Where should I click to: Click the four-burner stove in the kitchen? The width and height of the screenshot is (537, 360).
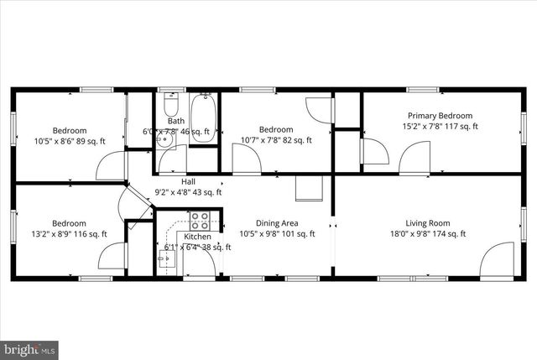(200, 222)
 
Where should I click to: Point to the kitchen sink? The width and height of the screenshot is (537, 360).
(165, 257)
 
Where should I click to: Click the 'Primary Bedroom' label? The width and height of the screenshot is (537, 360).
(440, 116)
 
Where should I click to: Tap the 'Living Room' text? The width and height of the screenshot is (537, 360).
(428, 223)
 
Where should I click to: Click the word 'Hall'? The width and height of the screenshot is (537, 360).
(190, 181)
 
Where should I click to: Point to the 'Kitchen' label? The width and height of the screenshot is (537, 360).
(197, 237)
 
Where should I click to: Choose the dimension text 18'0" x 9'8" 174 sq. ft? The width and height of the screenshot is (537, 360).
(428, 234)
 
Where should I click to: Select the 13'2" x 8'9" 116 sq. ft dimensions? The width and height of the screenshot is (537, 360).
(70, 234)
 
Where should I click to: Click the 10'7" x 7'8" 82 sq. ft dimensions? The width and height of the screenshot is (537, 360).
(276, 140)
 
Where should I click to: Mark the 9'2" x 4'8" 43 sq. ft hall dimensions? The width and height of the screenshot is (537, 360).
(190, 192)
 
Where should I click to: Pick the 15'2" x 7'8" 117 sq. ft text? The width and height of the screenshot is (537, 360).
(440, 127)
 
